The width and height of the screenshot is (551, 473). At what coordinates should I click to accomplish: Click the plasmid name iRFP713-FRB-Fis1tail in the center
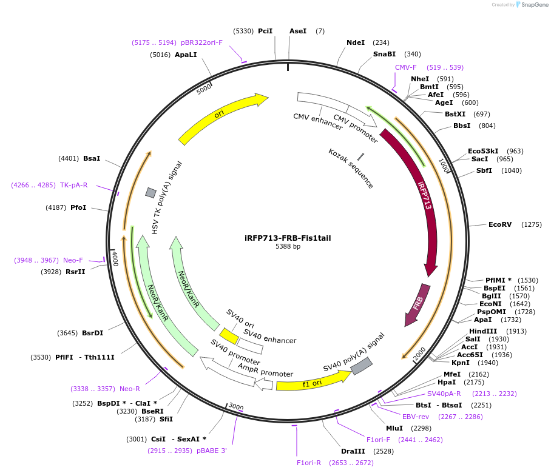click(288, 238)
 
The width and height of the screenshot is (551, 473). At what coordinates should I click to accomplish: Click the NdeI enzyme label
click(356, 42)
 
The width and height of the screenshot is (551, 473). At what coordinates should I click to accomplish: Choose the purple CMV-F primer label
click(406, 67)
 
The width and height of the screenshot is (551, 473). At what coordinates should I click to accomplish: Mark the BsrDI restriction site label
click(93, 333)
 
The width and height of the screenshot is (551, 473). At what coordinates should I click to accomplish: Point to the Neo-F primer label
click(73, 260)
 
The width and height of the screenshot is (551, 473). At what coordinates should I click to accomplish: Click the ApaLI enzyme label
click(186, 55)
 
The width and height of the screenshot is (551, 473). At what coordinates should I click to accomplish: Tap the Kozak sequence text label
click(351, 168)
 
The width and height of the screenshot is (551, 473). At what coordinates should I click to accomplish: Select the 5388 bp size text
click(288, 247)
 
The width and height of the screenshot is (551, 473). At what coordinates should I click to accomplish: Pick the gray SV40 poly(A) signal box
click(362, 365)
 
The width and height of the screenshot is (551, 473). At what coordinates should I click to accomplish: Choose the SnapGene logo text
click(532, 5)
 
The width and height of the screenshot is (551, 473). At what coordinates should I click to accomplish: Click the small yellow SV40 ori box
click(229, 335)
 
